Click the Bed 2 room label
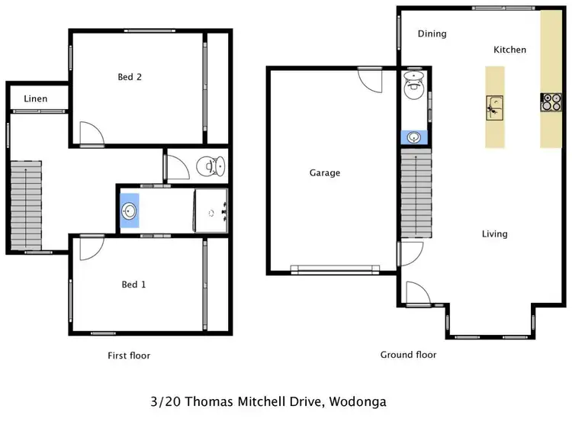(x=130, y=77)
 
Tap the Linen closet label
(x=35, y=99)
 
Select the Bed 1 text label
(x=133, y=285)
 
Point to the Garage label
(x=324, y=173)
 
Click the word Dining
(x=432, y=34)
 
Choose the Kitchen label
(x=509, y=50)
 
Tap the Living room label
(x=494, y=234)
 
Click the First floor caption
(x=129, y=356)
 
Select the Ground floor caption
(x=408, y=355)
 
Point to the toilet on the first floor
(x=210, y=166)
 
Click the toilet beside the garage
(x=413, y=85)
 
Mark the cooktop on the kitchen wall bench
(x=551, y=102)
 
